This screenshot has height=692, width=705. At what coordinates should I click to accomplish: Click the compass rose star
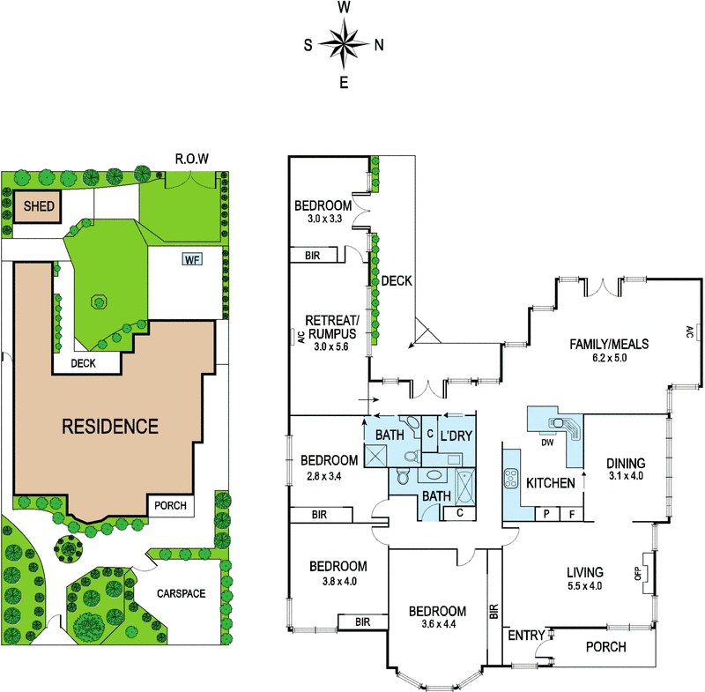[x=344, y=43]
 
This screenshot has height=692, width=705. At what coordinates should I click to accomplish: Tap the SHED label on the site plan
[x=39, y=206]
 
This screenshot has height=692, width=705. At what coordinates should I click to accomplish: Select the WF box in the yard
[x=192, y=259]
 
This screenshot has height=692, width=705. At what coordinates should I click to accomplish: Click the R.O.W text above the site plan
[x=192, y=159]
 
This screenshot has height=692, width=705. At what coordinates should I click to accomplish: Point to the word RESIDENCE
[x=110, y=427]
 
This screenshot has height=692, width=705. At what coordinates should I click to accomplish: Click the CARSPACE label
[x=182, y=593]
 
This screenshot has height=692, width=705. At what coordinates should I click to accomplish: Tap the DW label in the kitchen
[x=547, y=443]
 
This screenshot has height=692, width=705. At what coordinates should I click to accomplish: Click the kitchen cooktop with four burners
[x=511, y=479]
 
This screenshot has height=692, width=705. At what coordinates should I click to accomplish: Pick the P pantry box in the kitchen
[x=546, y=514]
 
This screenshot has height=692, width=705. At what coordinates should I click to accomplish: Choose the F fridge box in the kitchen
[x=572, y=514]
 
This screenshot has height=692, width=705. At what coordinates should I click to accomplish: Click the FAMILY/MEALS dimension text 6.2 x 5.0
[x=609, y=358]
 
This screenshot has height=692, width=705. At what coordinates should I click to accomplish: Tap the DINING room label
[x=626, y=464]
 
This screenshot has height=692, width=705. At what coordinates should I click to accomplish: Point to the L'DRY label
[x=456, y=435]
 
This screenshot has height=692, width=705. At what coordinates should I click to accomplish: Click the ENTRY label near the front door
[x=526, y=635]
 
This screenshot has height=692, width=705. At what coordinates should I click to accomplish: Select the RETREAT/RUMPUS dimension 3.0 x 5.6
[x=331, y=346]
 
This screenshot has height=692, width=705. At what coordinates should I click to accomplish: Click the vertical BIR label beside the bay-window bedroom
[x=494, y=612]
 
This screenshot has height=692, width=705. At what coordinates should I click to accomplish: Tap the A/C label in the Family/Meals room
[x=689, y=331]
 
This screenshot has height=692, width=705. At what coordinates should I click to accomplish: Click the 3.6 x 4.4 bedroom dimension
[x=439, y=623]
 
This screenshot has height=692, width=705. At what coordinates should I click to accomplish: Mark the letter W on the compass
[x=344, y=7]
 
